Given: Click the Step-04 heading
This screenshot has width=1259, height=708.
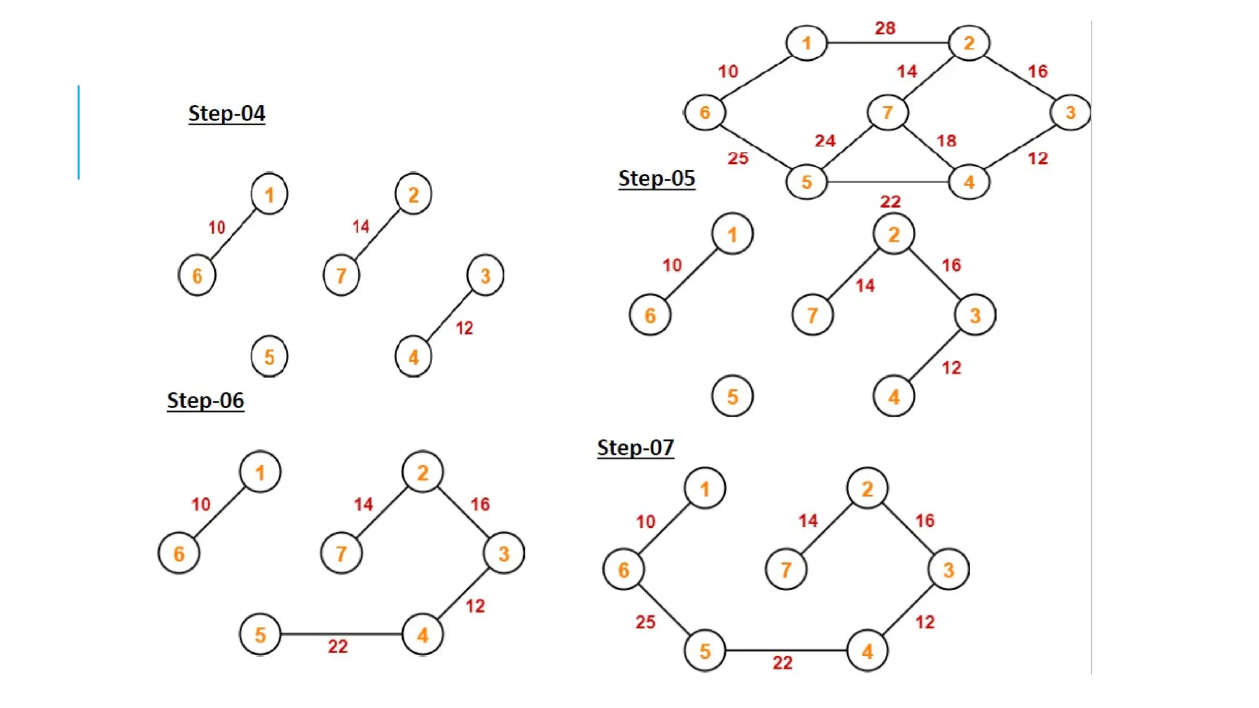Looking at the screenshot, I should (x=226, y=113).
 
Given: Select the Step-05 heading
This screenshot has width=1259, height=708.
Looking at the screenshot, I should (x=657, y=178).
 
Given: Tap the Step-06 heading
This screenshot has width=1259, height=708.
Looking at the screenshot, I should (x=205, y=400).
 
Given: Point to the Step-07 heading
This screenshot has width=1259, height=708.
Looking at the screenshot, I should (x=635, y=447).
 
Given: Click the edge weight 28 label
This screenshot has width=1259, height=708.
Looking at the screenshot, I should (x=885, y=28).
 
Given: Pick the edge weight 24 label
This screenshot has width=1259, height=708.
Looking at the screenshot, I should (x=825, y=141).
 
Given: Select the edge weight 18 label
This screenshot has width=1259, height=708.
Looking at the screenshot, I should (x=946, y=141).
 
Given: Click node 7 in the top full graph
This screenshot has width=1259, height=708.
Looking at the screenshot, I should (x=887, y=112).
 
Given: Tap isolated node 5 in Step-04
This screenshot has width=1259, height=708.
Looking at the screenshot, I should (x=269, y=356).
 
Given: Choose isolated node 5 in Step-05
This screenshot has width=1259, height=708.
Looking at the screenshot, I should (x=732, y=396).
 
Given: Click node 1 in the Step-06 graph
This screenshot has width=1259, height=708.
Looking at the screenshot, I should (x=260, y=473).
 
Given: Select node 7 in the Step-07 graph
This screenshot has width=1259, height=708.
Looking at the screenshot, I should (x=786, y=570).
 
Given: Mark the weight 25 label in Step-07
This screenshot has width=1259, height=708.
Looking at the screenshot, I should (x=645, y=622).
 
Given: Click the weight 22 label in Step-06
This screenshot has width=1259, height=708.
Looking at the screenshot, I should (x=337, y=647).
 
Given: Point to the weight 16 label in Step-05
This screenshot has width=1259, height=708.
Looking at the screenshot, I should (x=951, y=265).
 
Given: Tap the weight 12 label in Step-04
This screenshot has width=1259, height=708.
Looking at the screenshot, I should (x=464, y=328).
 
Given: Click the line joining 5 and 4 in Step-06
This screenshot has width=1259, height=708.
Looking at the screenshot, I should (x=341, y=634).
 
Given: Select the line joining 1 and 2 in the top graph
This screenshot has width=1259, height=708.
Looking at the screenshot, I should (x=888, y=43).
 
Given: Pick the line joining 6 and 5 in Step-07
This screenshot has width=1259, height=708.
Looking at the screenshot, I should (x=664, y=610).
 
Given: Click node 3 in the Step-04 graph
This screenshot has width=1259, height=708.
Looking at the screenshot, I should (x=485, y=275).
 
